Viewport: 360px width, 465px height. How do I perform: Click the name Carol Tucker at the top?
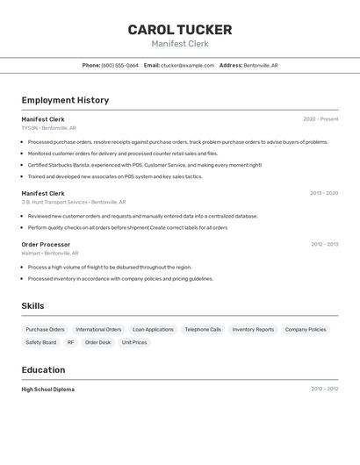180,29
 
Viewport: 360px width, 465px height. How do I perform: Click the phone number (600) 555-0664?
119,65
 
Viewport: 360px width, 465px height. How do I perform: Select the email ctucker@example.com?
187,65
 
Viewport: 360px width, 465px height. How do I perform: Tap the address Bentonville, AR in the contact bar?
261,65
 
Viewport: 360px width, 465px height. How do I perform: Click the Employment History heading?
65,100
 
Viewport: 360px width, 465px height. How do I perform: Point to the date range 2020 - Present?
320,119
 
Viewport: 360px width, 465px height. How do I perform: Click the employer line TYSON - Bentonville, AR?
48,128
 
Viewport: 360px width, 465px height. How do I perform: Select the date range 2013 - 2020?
323,193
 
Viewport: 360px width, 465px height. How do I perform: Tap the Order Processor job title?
46,245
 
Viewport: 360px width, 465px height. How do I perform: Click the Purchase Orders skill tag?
45,330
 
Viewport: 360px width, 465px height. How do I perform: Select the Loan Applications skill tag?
153,330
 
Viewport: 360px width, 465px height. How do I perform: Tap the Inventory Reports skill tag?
253,330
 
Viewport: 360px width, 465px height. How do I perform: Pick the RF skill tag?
70,343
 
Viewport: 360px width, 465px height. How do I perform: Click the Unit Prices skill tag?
134,343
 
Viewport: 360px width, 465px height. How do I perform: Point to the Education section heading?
43,370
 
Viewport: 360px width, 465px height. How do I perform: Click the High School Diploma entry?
47,390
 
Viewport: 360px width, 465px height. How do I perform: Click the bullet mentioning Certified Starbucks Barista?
144,165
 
